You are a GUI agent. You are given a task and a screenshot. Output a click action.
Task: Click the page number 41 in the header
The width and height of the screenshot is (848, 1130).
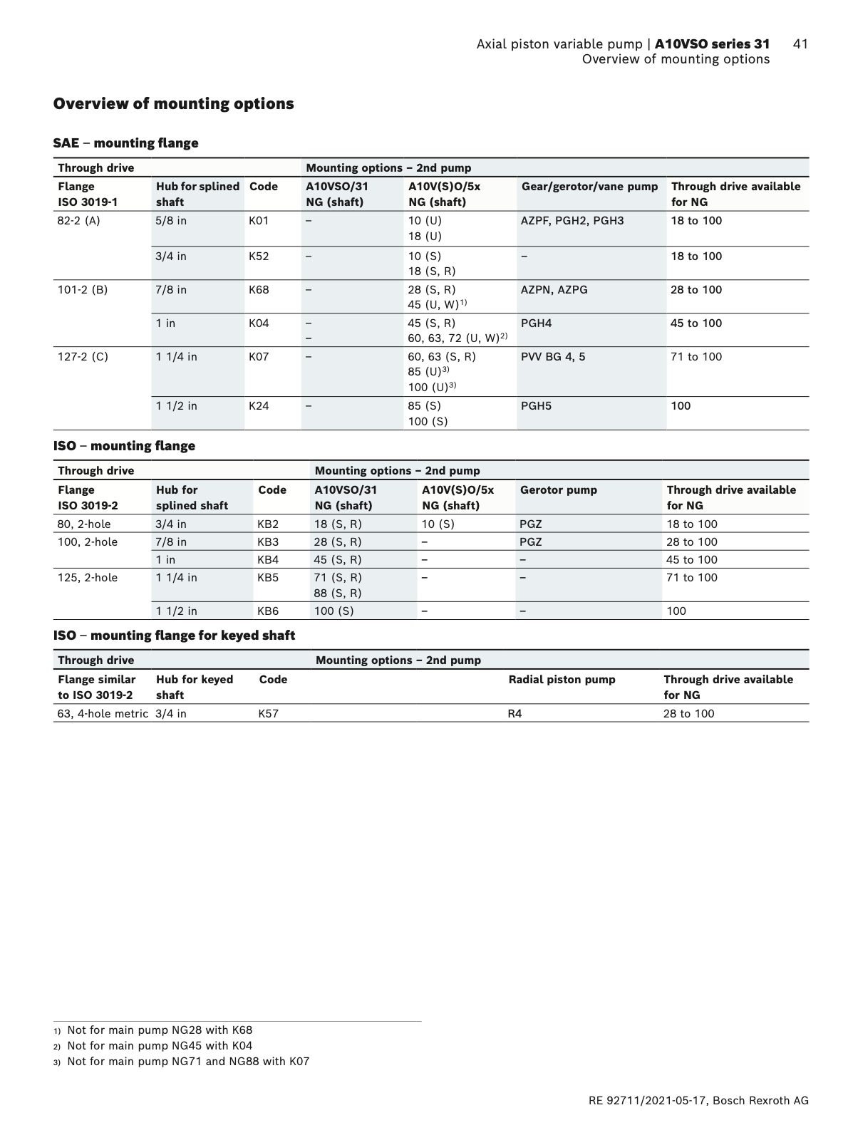coord(800,44)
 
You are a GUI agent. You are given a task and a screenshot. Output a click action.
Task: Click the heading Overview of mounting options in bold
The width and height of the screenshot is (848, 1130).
coord(174,104)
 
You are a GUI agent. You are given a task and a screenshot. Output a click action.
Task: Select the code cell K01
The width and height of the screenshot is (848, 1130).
coord(259,221)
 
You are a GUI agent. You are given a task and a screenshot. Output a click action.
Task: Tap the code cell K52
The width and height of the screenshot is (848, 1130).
coord(259,256)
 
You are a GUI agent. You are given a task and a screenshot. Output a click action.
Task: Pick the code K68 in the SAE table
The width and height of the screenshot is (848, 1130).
coord(259,290)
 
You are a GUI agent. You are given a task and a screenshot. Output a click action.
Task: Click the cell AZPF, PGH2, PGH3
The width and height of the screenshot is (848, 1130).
coord(572,221)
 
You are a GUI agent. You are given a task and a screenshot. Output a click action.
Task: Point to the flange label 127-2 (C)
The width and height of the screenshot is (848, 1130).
coord(83,357)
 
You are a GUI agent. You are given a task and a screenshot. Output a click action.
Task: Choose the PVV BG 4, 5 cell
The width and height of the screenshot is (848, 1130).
coord(553,357)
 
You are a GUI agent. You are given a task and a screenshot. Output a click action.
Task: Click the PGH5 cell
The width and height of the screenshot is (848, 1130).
coord(536,406)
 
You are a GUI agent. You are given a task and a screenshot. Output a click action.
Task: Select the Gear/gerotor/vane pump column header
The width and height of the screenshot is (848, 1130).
coord(589,187)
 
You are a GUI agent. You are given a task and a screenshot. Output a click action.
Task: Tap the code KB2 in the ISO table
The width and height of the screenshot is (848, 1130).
coord(268,524)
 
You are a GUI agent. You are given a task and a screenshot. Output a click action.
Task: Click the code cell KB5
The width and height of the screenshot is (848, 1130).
coord(268,578)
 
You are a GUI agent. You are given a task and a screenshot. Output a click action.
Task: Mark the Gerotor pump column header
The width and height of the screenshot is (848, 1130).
coord(558,490)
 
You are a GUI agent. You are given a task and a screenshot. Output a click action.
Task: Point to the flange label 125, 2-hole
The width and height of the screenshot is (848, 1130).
coord(87,578)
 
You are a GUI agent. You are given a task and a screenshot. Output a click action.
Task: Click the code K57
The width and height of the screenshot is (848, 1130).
coord(268,714)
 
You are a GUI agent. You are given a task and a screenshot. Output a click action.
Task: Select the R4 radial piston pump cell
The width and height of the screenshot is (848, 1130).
coord(514,714)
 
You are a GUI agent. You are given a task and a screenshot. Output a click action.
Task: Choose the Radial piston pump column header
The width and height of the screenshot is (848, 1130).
coord(562,680)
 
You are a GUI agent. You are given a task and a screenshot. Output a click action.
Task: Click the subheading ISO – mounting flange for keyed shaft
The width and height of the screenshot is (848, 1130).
coord(174,636)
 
